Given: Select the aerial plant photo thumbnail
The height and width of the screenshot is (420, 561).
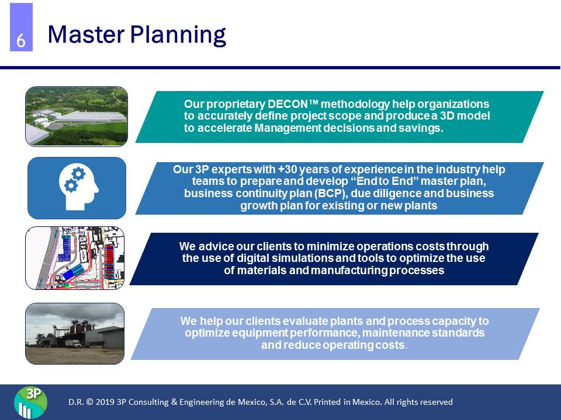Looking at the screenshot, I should coord(77,116).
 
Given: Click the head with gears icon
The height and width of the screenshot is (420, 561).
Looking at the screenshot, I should coord(77,188).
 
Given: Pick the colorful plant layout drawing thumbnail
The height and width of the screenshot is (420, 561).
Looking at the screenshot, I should coord(75,258).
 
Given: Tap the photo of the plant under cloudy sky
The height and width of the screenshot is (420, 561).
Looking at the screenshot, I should coord(75,333).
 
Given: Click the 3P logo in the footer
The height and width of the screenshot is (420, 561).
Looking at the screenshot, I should coord(31,402).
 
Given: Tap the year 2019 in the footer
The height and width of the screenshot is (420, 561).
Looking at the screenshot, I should coord(105,402).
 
